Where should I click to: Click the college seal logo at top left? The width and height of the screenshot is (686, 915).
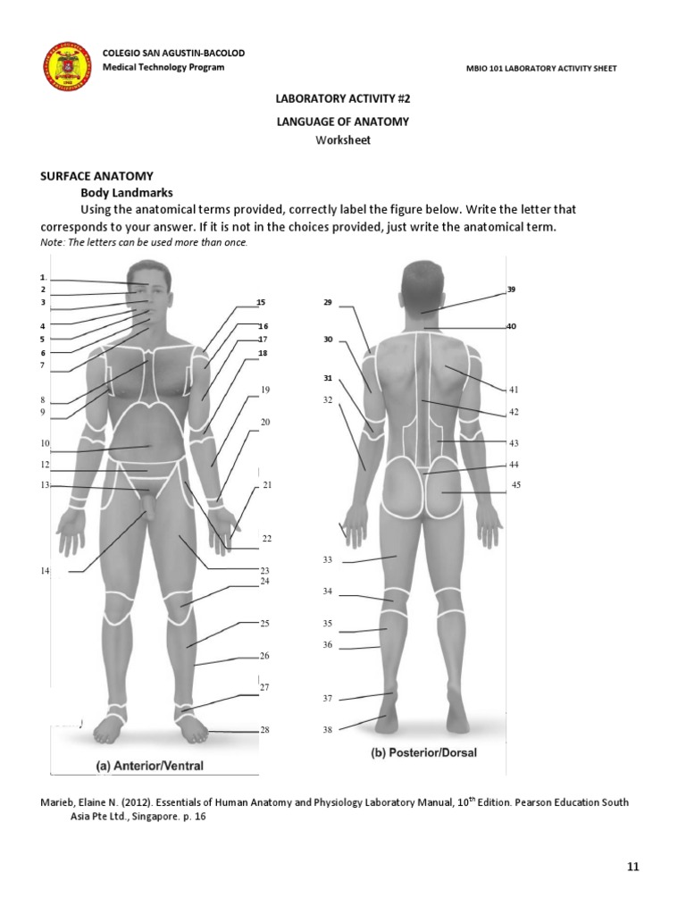(x=67, y=65)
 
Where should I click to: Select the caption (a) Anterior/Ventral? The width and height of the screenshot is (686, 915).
(x=150, y=766)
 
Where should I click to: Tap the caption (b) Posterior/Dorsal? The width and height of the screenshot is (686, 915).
(x=423, y=753)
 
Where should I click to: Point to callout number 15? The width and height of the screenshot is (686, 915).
(x=261, y=303)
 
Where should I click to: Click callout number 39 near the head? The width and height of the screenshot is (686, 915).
(x=511, y=290)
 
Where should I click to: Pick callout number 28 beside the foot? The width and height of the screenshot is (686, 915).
(x=264, y=730)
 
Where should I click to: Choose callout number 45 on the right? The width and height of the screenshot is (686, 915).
(x=515, y=484)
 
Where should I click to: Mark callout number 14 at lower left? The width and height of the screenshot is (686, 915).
(x=44, y=571)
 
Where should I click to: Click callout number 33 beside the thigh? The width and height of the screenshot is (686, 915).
(x=327, y=559)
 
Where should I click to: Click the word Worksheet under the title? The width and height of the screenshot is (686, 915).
(x=343, y=140)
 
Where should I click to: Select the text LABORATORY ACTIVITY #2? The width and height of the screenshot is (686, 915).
(x=343, y=102)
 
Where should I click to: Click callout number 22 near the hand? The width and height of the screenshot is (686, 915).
(x=266, y=539)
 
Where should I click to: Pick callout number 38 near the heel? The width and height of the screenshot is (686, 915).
(x=327, y=730)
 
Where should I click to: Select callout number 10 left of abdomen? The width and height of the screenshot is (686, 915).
(x=44, y=443)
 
